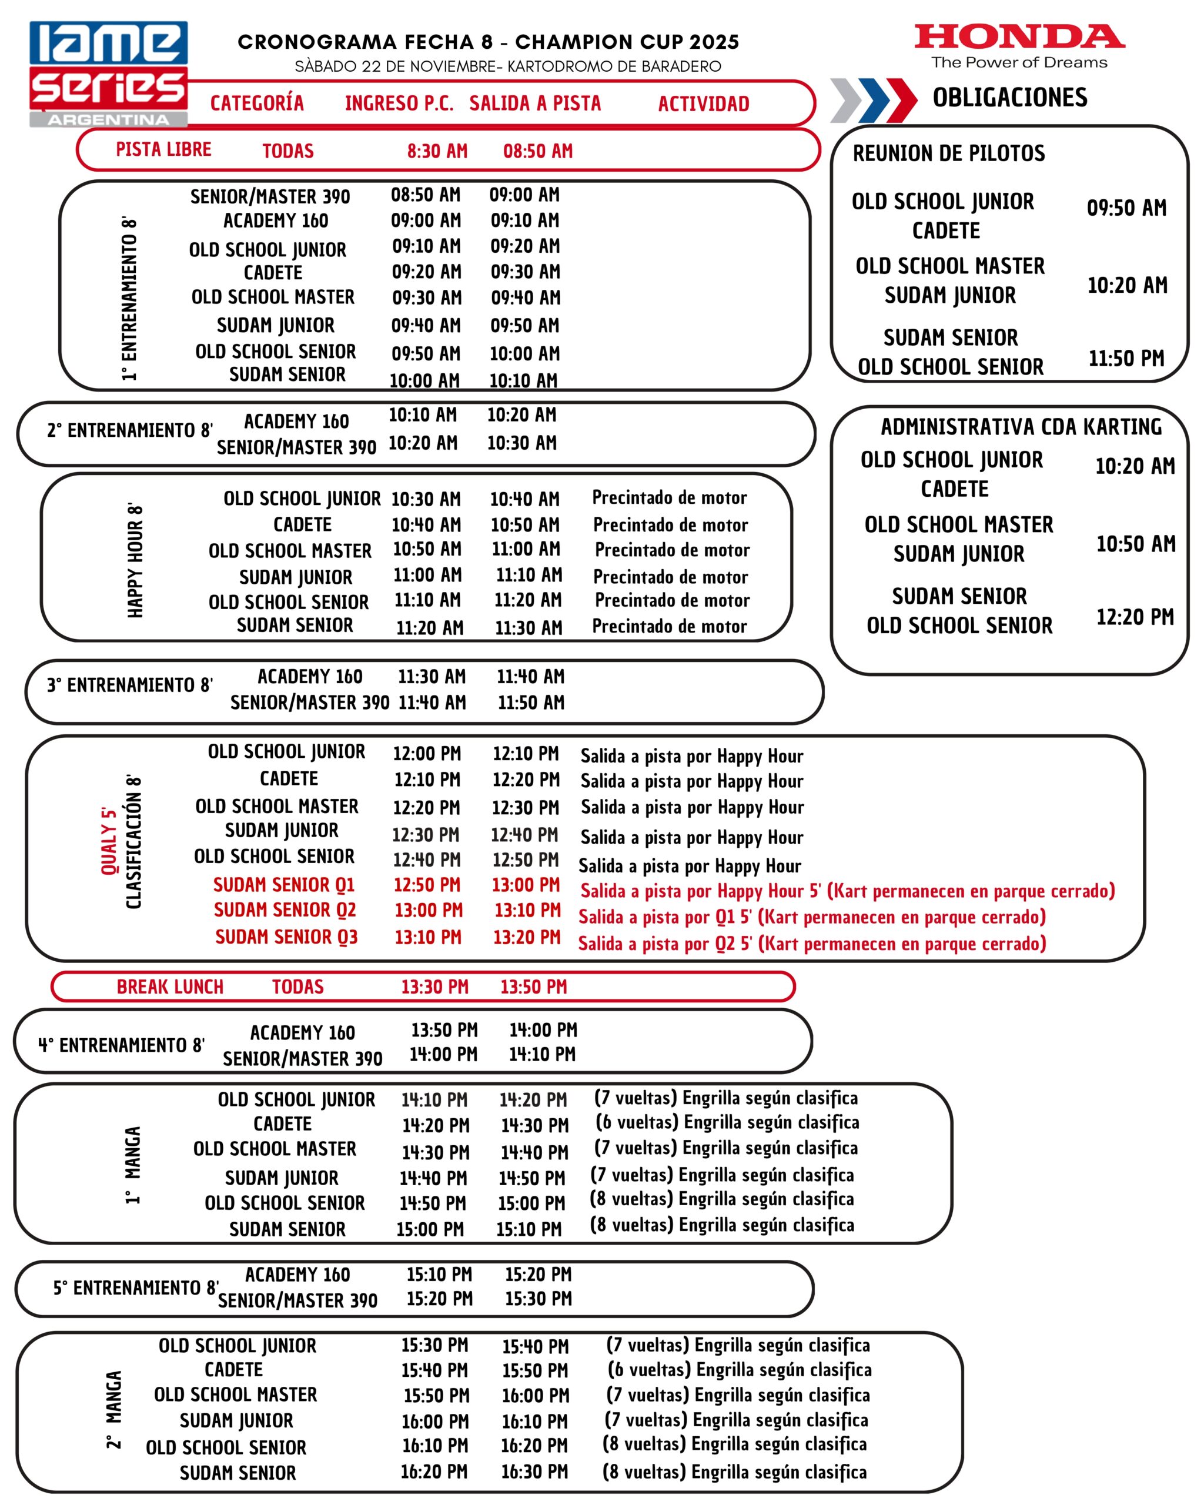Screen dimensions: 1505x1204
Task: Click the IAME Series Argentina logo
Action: (108, 73)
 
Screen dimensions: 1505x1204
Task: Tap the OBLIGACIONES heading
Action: (1009, 98)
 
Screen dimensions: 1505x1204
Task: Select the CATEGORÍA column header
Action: (257, 104)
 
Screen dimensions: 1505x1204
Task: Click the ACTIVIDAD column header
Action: (704, 104)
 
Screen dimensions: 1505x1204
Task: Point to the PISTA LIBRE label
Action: (163, 150)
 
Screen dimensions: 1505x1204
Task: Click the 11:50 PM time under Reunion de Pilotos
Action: (1126, 359)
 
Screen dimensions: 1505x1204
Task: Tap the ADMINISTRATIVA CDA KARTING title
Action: (1021, 426)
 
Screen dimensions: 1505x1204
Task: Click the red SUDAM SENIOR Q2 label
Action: (285, 910)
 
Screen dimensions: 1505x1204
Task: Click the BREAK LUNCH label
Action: (170, 987)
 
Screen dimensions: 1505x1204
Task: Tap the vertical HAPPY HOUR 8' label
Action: (135, 560)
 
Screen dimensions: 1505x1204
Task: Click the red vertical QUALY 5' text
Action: (109, 841)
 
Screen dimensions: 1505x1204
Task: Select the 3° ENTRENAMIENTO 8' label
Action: (130, 685)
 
